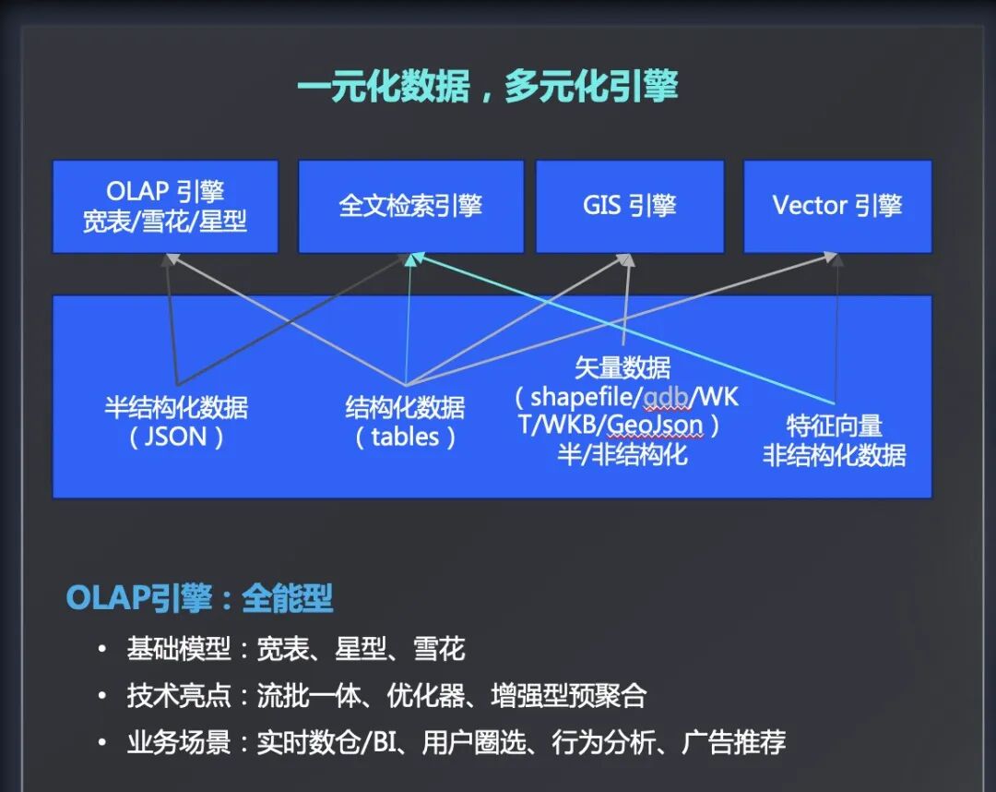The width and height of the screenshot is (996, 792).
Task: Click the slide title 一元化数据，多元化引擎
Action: click(487, 88)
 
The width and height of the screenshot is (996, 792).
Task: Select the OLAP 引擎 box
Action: click(165, 207)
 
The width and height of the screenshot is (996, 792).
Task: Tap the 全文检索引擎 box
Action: click(410, 206)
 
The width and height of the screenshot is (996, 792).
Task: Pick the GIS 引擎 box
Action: click(629, 206)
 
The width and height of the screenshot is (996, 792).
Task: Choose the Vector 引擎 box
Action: click(836, 206)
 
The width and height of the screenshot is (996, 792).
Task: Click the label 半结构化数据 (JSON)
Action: click(176, 422)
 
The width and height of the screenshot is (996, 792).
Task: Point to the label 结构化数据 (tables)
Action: click(405, 422)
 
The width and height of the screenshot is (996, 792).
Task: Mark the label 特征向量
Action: click(834, 426)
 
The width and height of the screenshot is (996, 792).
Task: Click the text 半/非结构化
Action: click(622, 454)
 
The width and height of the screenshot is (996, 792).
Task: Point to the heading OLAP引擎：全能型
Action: click(199, 599)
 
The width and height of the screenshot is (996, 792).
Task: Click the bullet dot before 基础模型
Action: click(102, 650)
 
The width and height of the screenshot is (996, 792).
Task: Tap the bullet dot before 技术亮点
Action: click(102, 696)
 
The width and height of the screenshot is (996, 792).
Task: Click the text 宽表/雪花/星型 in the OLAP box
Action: click(165, 222)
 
